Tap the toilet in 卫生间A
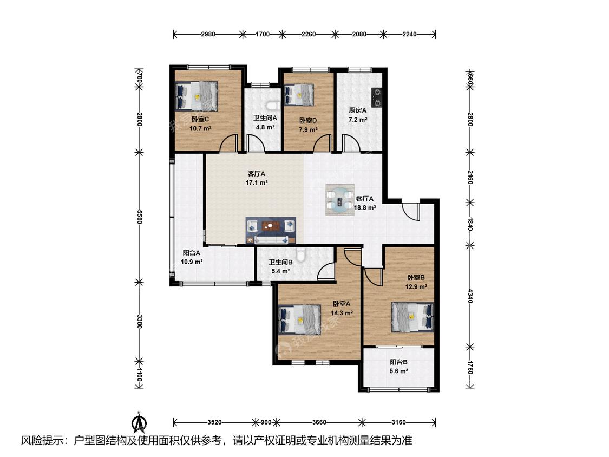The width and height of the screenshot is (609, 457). pos(273,105)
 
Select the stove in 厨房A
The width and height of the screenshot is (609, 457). pos(376,97)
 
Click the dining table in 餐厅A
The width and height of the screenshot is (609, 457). pos(340,200)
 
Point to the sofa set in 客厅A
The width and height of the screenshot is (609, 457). pos(270,231)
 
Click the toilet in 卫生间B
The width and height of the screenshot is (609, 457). pos(300,254)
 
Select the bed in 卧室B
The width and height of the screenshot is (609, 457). pos(412,317)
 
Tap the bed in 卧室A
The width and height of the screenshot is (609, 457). pos(300,319)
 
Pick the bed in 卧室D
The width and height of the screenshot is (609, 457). pos(299,95)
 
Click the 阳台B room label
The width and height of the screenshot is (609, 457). pos(398,362)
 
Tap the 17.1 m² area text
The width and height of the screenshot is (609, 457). pos(257,182)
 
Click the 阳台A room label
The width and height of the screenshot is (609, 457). pos(192,253)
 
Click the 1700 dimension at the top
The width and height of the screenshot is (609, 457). pos(262,34)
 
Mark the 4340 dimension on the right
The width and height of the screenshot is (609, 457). pos(470,296)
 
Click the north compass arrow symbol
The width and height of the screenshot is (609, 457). pos(138,422)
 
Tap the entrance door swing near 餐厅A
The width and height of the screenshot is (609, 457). pos(410,212)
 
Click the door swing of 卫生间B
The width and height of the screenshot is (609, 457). pos(326,271)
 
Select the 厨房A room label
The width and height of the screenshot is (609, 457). pos(357,110)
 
